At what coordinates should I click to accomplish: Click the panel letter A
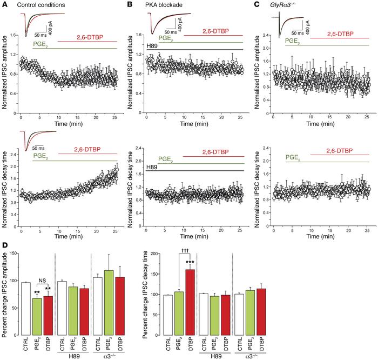[x=4, y=5]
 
